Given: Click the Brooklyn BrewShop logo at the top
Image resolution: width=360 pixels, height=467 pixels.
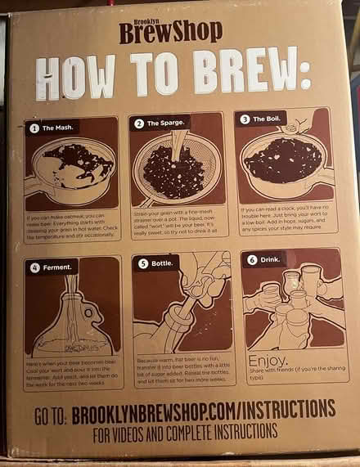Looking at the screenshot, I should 170,30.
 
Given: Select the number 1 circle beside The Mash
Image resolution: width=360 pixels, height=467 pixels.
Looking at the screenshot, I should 34,128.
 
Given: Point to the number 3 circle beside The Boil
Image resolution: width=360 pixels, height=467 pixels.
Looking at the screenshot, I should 245,119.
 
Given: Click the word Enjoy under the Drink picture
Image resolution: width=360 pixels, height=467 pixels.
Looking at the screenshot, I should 267,361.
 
